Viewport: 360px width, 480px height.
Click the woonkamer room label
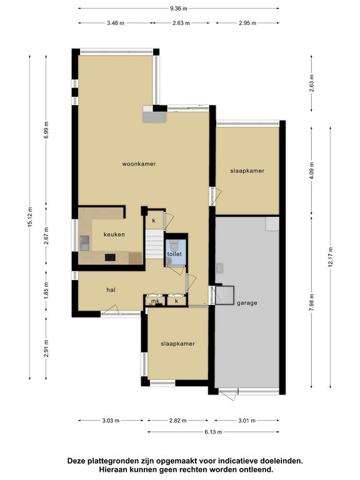tap(139, 164)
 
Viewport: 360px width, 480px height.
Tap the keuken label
tap(114, 234)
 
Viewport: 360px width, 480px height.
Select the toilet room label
tap(174, 254)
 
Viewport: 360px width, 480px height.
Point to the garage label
tap(247, 303)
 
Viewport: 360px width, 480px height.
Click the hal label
tap(111, 289)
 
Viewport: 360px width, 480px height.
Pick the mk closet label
tap(155, 301)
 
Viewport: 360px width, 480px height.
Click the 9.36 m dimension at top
tap(179, 9)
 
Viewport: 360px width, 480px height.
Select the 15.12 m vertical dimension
tap(30, 217)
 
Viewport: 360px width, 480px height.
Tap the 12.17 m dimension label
tap(330, 257)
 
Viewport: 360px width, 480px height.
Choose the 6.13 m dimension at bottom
tap(213, 432)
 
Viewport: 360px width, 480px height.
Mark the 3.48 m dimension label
tap(116, 23)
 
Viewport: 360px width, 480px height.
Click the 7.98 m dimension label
tap(312, 302)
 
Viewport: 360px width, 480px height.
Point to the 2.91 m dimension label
tap(46, 348)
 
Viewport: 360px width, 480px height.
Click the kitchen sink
tap(84, 243)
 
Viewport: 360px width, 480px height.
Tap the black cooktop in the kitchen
tap(110, 257)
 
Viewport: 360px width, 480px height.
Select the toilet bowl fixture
tap(174, 244)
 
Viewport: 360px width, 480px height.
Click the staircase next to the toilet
tap(154, 244)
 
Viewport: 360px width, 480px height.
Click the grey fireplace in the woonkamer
tap(154, 114)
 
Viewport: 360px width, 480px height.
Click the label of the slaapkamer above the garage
tap(247, 171)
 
